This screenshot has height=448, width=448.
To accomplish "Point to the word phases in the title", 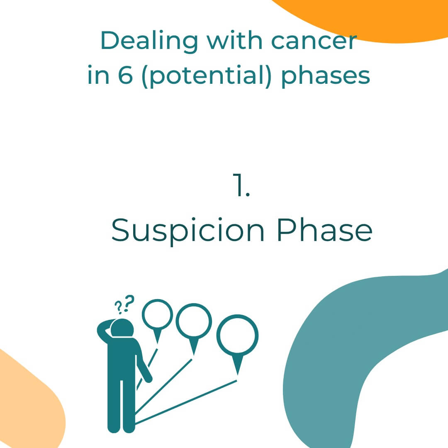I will click(326, 77).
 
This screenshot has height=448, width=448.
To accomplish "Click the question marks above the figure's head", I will click(125, 304).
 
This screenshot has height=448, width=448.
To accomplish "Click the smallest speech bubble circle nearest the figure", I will click(157, 314).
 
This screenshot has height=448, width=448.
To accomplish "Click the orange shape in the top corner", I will click(373, 17).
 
